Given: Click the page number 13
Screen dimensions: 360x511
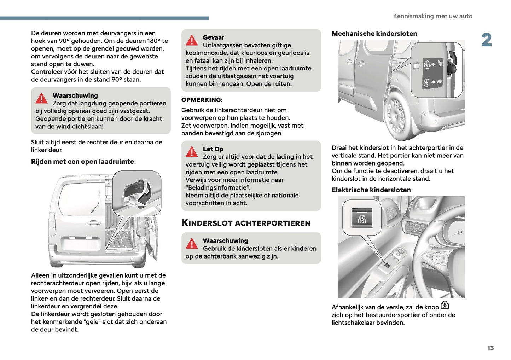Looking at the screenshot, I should (x=490, y=348).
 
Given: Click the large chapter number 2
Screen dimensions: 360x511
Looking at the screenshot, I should (x=486, y=40).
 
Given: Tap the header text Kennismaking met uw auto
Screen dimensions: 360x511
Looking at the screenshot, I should (x=432, y=16).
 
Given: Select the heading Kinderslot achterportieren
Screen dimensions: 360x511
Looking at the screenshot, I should (x=246, y=223).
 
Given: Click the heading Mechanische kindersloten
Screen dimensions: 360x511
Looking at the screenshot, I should (x=374, y=34).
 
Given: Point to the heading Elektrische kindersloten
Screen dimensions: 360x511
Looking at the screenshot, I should (x=371, y=190).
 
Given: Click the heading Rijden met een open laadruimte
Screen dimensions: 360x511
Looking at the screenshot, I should (x=82, y=162).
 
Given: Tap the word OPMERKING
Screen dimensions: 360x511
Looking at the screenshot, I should (x=202, y=100).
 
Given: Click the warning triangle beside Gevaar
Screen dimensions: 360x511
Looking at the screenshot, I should (x=192, y=41).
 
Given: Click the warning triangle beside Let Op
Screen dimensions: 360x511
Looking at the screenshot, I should (x=192, y=152).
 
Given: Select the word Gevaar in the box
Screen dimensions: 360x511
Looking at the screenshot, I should (x=213, y=37).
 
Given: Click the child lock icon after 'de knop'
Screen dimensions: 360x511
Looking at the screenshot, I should (x=445, y=305).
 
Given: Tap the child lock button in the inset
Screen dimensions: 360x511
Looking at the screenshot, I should (x=362, y=218).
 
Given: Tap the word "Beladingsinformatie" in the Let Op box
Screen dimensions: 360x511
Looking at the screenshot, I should (x=217, y=188).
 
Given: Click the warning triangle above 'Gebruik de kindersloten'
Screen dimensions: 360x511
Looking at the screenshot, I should (x=192, y=244).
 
